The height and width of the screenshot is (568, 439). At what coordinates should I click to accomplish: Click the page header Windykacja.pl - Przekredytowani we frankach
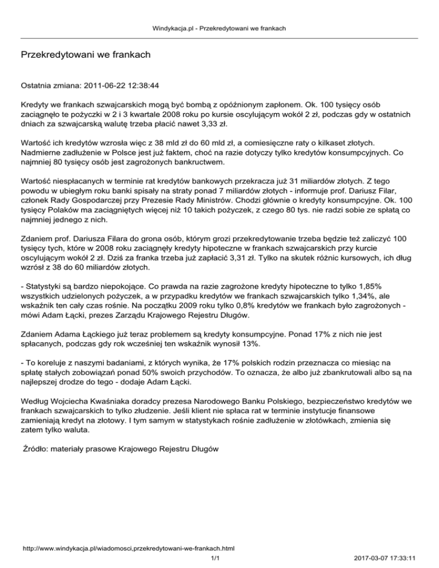[219, 27]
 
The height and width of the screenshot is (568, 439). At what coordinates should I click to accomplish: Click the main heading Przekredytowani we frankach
[86, 55]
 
